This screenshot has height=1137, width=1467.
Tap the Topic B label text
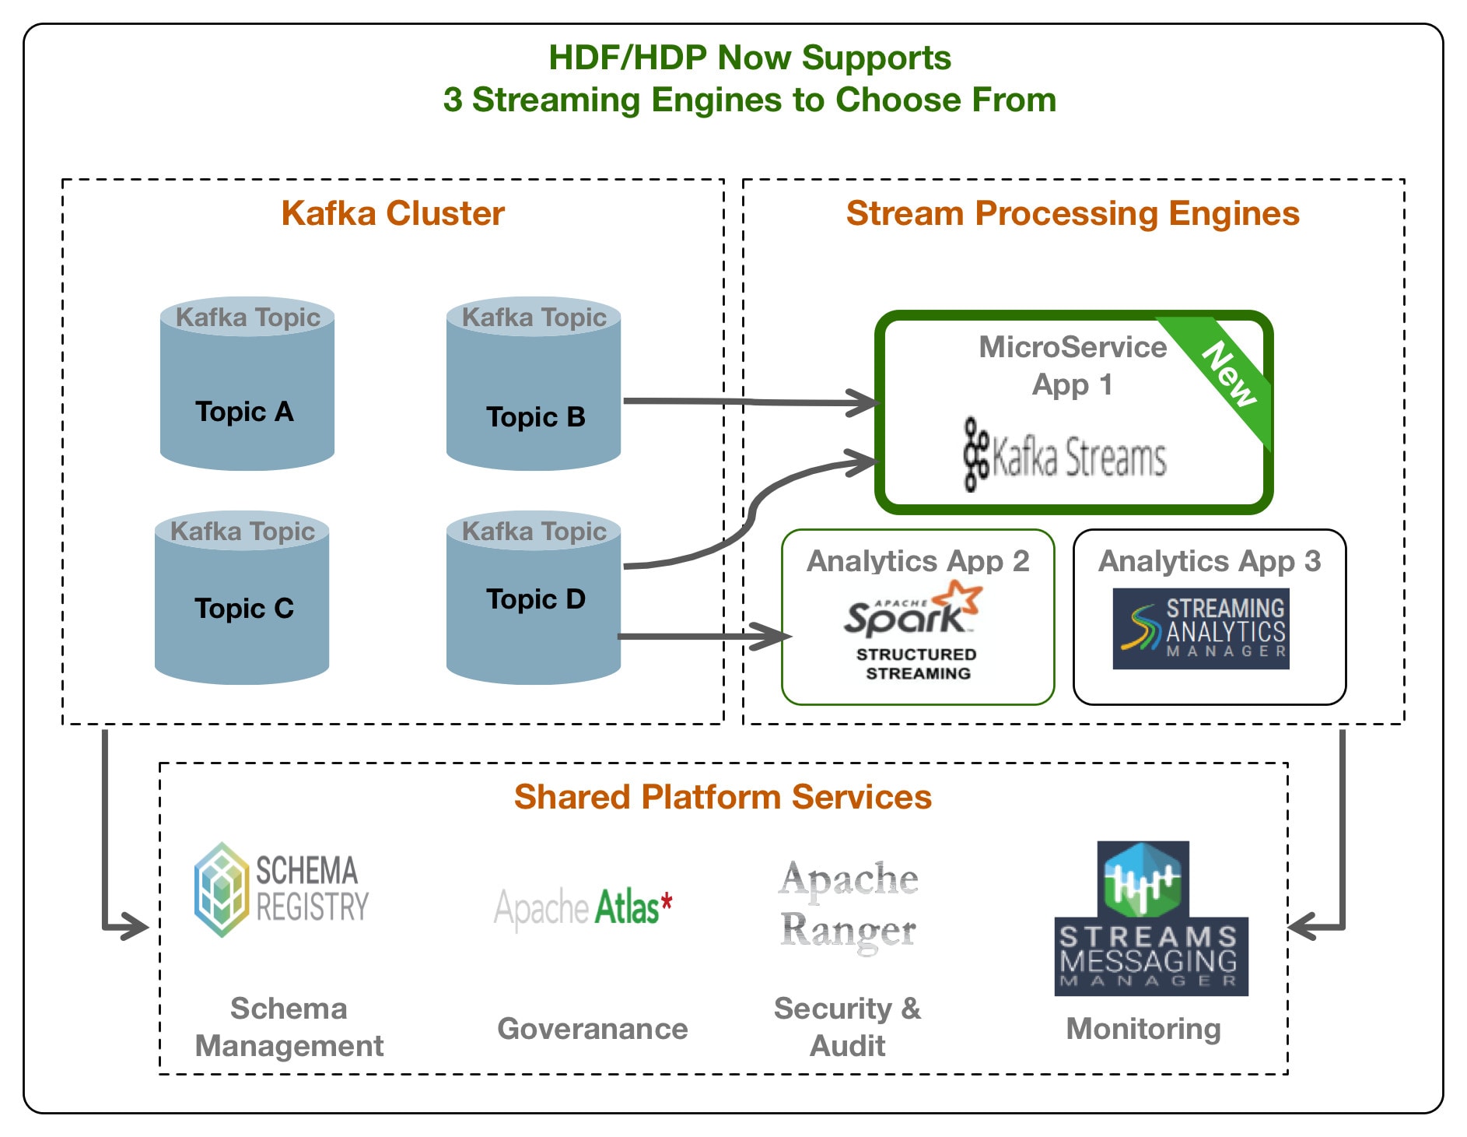(535, 417)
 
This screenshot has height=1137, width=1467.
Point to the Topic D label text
(535, 599)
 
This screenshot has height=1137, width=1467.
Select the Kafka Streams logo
(1065, 456)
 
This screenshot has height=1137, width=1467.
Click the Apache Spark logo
(913, 611)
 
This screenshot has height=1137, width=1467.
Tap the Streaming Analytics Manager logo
(1200, 629)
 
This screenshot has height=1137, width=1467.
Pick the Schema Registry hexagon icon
(222, 889)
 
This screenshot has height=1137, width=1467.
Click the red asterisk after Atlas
(667, 903)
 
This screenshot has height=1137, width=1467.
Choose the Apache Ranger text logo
(849, 904)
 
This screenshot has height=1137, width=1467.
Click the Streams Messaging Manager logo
(1150, 918)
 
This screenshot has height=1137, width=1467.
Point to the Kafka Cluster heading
(393, 213)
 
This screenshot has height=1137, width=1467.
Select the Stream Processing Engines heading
(1073, 213)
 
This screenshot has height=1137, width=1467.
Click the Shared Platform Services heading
(723, 797)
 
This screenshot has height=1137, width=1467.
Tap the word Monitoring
(1143, 1029)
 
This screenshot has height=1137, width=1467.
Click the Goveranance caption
(592, 1029)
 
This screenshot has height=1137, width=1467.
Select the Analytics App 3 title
(1209, 561)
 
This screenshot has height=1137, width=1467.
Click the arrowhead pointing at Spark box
(774, 637)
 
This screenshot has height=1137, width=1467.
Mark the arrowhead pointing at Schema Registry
(133, 926)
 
